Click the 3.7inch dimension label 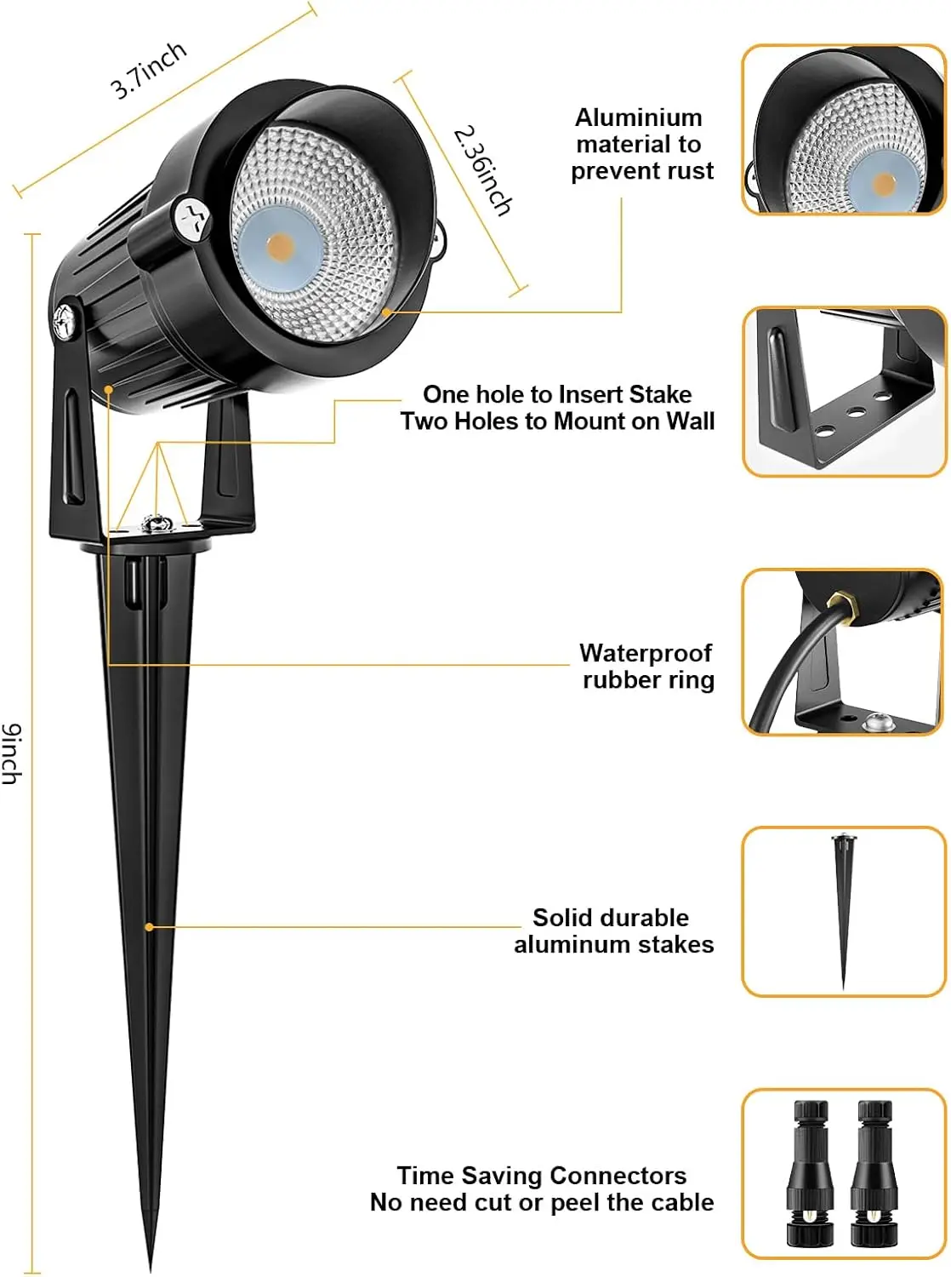click(x=148, y=70)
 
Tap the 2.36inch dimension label click(x=483, y=170)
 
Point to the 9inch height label click(x=12, y=753)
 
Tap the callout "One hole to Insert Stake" click(x=557, y=394)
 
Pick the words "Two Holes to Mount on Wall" click(x=557, y=421)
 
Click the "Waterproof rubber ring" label click(x=646, y=666)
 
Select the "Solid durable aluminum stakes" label click(x=613, y=931)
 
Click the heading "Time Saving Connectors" click(x=542, y=1176)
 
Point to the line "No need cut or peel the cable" click(x=542, y=1203)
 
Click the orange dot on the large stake click(x=149, y=926)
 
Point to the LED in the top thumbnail click(x=884, y=183)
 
